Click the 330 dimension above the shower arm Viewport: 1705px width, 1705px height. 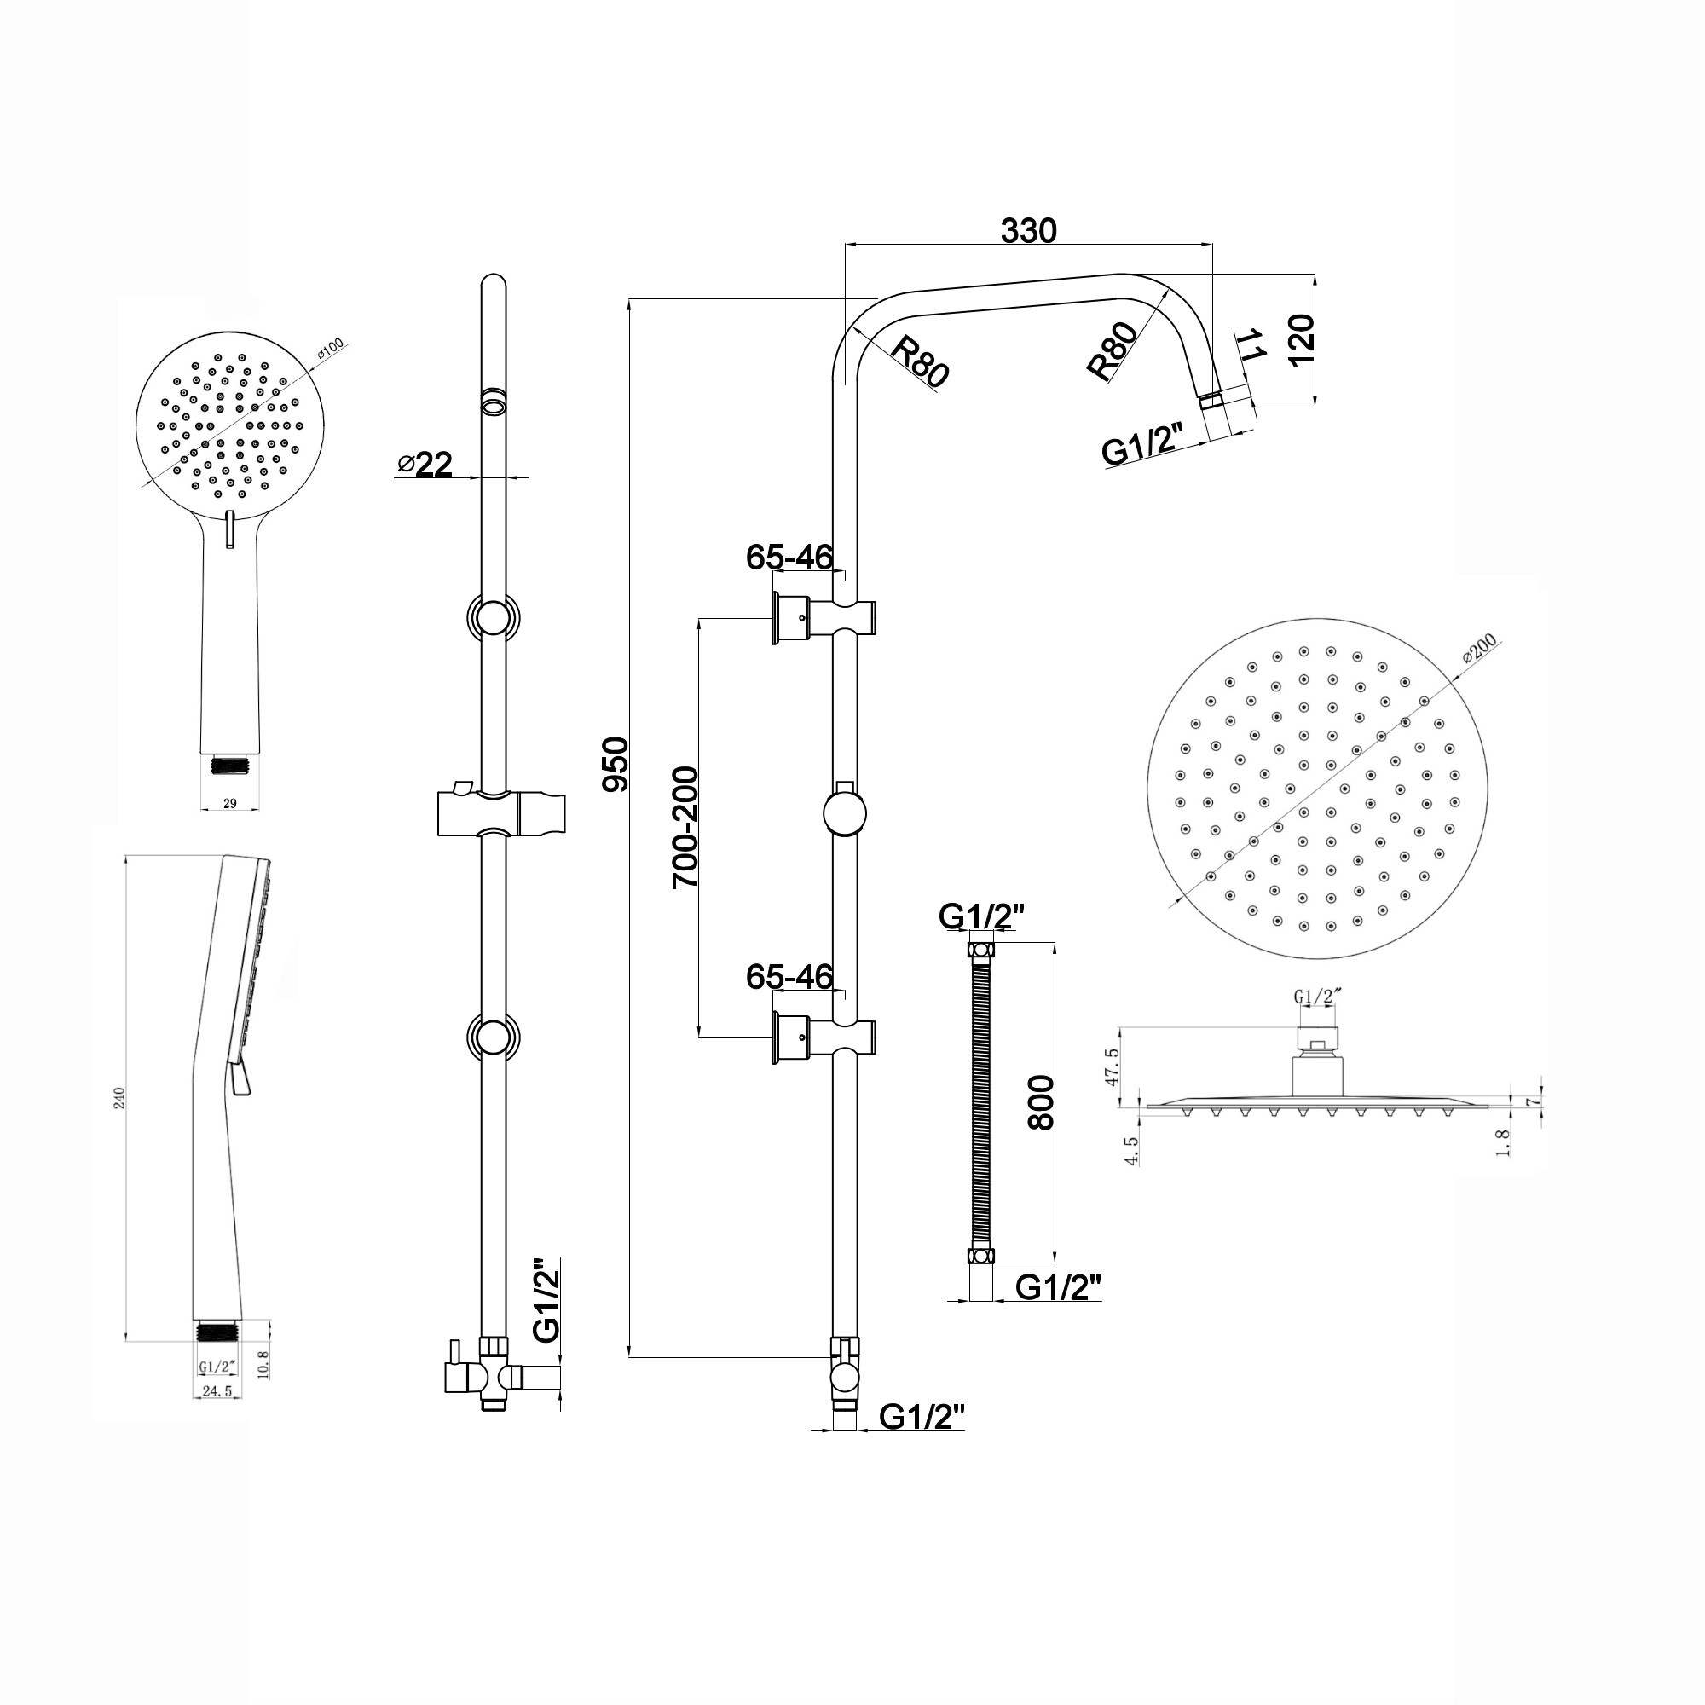pyautogui.click(x=1028, y=230)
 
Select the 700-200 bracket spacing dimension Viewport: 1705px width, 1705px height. pyautogui.click(x=685, y=827)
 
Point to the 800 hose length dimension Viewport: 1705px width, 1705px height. pyautogui.click(x=1042, y=1102)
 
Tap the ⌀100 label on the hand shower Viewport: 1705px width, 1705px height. pyautogui.click(x=332, y=351)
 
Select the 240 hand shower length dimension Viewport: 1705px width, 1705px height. pyautogui.click(x=121, y=1098)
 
